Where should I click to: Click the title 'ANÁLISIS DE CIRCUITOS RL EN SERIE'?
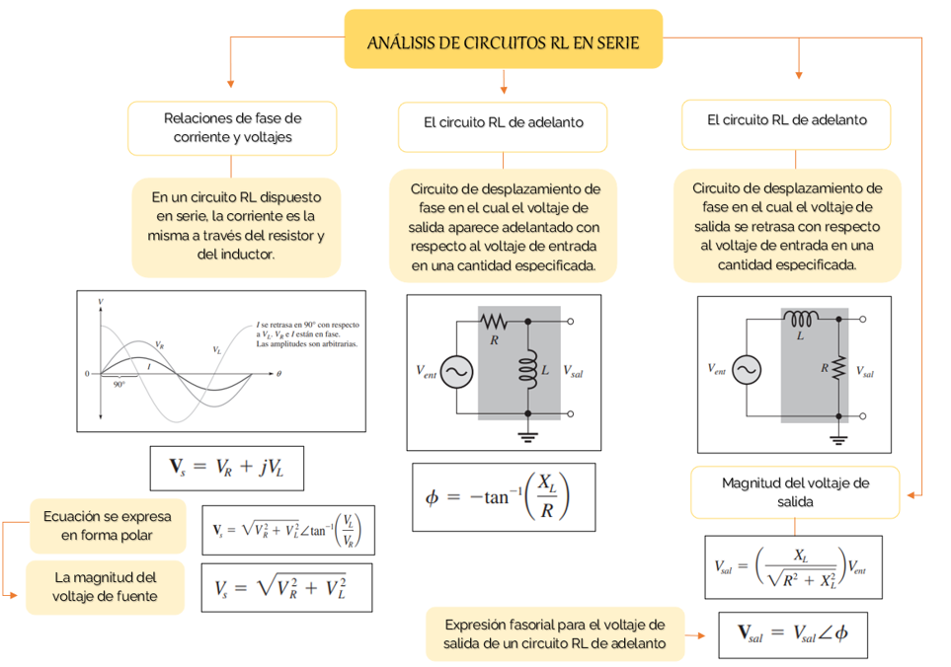[x=503, y=41]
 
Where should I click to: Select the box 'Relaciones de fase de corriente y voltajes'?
[x=232, y=127]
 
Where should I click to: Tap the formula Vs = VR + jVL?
[x=226, y=468]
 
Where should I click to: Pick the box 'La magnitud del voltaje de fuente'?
[x=105, y=586]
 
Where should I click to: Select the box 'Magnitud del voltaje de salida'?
[x=795, y=491]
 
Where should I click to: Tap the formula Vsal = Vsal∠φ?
[x=793, y=633]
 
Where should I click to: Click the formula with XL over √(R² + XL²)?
[x=793, y=566]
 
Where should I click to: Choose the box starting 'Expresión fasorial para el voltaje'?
[x=554, y=633]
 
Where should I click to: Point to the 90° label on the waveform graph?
[x=119, y=385]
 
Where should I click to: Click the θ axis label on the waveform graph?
[x=278, y=374]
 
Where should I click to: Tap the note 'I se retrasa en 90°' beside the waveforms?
[x=307, y=333]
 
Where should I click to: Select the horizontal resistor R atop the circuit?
[x=493, y=322]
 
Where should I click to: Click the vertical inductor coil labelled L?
[x=526, y=368]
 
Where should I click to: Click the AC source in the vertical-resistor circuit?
[x=746, y=369]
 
